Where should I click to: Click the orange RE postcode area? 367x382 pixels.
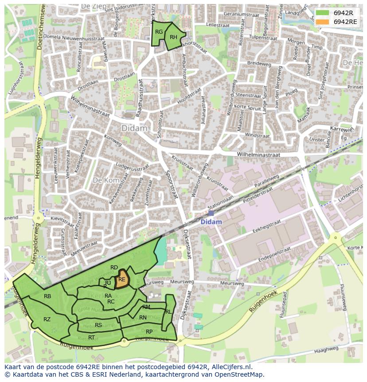[121, 280]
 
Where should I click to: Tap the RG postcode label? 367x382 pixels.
[159, 32]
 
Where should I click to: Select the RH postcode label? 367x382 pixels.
[173, 37]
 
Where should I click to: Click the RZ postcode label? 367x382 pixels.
[47, 319]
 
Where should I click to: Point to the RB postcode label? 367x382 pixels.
[47, 296]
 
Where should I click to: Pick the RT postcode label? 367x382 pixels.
[91, 337]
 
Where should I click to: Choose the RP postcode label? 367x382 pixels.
[149, 331]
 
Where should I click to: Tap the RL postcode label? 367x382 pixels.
[168, 312]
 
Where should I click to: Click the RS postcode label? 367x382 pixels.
[98, 325]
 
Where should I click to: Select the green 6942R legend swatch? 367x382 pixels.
[322, 13]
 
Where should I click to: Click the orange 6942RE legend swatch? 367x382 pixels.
[322, 22]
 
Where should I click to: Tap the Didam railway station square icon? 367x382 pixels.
[211, 213]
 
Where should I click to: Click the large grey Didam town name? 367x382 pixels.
[134, 128]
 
